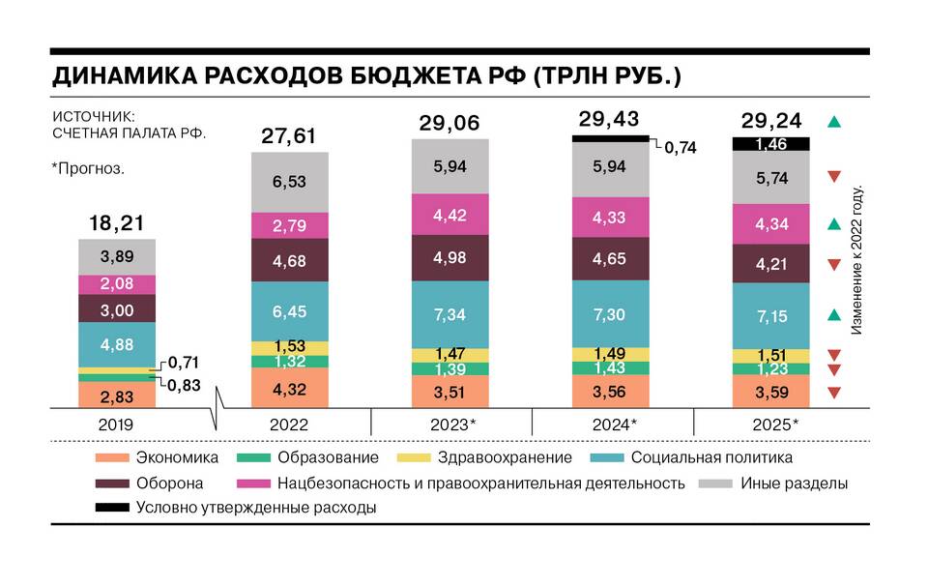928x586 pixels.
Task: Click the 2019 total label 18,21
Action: coord(117,223)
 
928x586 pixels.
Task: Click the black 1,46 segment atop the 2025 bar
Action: coord(770,144)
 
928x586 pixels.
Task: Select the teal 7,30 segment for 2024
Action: coord(611,314)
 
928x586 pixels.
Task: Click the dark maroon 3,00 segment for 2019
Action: coord(117,308)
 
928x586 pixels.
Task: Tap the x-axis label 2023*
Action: coord(450,425)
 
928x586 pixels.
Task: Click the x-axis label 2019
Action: coord(117,425)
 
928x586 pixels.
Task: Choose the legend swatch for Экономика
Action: coord(114,457)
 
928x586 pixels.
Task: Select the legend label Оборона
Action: coord(169,483)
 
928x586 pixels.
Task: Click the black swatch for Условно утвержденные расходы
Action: coord(114,508)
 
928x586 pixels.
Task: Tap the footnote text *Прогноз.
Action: coord(88,168)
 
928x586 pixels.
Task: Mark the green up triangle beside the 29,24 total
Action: coord(835,122)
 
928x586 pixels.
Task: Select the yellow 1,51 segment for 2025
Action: coord(770,355)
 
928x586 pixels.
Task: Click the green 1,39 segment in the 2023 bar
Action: coord(450,369)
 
